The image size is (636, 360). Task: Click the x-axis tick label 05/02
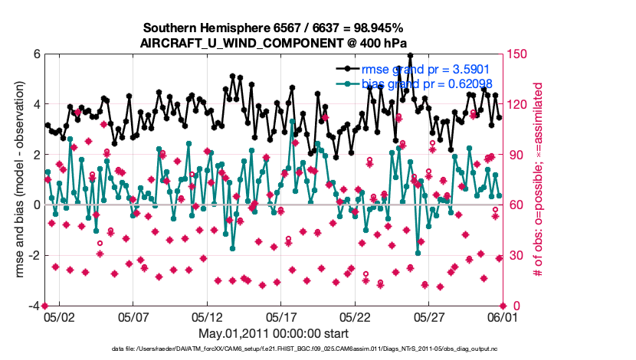point(59,316)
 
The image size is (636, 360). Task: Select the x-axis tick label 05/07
point(133,316)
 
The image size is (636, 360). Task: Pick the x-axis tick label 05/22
point(355,316)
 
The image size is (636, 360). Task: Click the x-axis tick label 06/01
point(502,316)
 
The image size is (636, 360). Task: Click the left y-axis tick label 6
point(36,54)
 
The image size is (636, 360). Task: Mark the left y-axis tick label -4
point(33,306)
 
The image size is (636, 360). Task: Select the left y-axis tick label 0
point(36,205)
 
